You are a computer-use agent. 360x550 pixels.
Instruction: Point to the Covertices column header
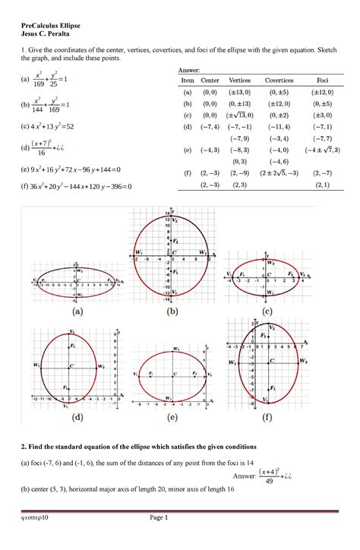pos(281,80)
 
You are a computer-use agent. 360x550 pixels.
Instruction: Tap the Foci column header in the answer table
pos(324,80)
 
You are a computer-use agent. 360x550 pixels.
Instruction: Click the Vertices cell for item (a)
pos(240,90)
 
